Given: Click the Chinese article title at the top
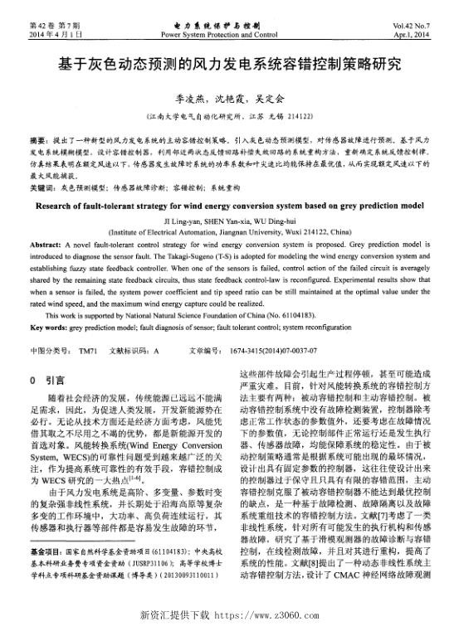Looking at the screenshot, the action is click(229, 65).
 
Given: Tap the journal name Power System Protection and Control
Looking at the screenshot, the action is click(221, 36).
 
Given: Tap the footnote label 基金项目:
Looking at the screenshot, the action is click(45, 574).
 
